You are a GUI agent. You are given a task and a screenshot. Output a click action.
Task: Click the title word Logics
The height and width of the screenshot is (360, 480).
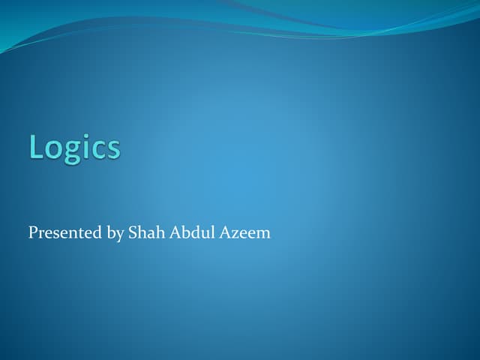pyautogui.click(x=74, y=147)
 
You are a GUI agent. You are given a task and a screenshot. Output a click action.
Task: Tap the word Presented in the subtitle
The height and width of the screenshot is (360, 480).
pyautogui.click(x=64, y=233)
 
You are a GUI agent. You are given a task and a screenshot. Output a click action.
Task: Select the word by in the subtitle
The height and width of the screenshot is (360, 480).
pyautogui.click(x=115, y=234)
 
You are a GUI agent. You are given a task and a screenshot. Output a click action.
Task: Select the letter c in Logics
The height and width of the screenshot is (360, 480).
pyautogui.click(x=98, y=149)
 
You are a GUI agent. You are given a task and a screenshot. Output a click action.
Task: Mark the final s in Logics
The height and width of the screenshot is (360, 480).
pyautogui.click(x=112, y=149)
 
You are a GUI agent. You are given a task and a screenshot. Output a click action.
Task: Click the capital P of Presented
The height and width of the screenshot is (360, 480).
pyautogui.click(x=33, y=233)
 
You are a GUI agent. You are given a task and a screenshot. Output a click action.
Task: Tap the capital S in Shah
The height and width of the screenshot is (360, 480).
pyautogui.click(x=133, y=233)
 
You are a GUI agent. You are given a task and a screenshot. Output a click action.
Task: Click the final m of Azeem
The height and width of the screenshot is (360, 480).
pyautogui.click(x=262, y=235)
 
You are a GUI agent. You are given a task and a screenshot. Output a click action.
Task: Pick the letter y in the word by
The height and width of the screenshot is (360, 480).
pyautogui.click(x=119, y=236)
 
